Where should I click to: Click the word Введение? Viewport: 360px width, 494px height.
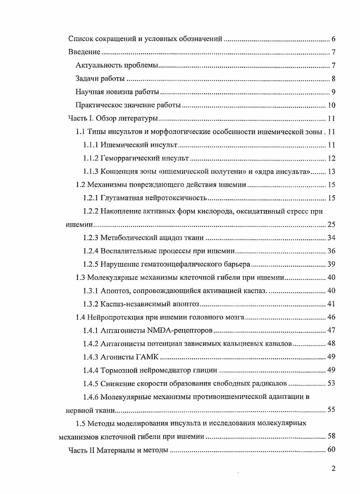click(x=84, y=52)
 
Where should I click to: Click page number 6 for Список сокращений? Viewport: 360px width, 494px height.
click(x=333, y=38)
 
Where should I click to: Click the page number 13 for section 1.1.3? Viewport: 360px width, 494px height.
click(x=331, y=172)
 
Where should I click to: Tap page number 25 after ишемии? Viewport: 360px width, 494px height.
click(x=331, y=224)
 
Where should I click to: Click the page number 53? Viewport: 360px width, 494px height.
click(x=331, y=384)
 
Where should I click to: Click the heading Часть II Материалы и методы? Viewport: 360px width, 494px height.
click(x=118, y=450)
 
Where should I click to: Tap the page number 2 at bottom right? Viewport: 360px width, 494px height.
click(x=333, y=468)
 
